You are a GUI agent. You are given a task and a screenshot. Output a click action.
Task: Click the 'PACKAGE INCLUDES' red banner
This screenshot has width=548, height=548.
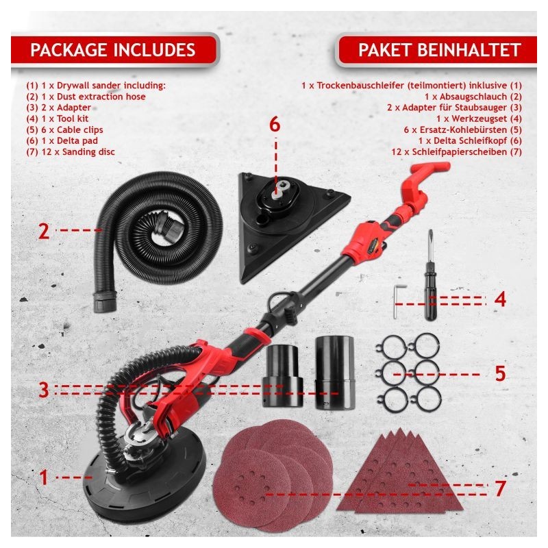point(114,49)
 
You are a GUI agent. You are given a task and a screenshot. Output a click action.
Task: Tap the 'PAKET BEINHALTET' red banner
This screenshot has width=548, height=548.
point(437,49)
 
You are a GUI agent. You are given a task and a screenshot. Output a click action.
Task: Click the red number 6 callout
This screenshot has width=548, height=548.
point(275,125)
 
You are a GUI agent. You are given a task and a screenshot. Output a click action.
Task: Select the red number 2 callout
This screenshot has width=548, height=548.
point(44,231)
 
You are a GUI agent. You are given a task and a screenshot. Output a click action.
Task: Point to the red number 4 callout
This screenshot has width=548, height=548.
point(500,299)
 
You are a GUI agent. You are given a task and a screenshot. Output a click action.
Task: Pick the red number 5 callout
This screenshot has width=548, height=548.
point(501,373)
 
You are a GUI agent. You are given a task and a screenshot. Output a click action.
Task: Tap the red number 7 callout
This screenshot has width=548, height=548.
point(501,488)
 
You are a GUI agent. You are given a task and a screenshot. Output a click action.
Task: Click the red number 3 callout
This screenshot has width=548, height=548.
point(44,390)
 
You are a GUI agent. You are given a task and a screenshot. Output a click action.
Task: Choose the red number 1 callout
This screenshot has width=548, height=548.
point(44,477)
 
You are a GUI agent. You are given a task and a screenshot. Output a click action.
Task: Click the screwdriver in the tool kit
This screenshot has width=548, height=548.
point(429,276)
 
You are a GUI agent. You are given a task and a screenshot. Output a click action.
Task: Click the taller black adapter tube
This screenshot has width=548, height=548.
point(335,373)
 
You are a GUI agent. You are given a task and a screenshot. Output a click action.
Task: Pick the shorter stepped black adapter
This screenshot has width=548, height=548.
point(282,375)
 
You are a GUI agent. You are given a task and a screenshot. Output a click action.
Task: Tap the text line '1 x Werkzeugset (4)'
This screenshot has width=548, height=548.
point(479,119)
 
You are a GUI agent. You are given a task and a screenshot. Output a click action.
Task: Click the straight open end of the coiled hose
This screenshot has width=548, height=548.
point(104,301)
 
